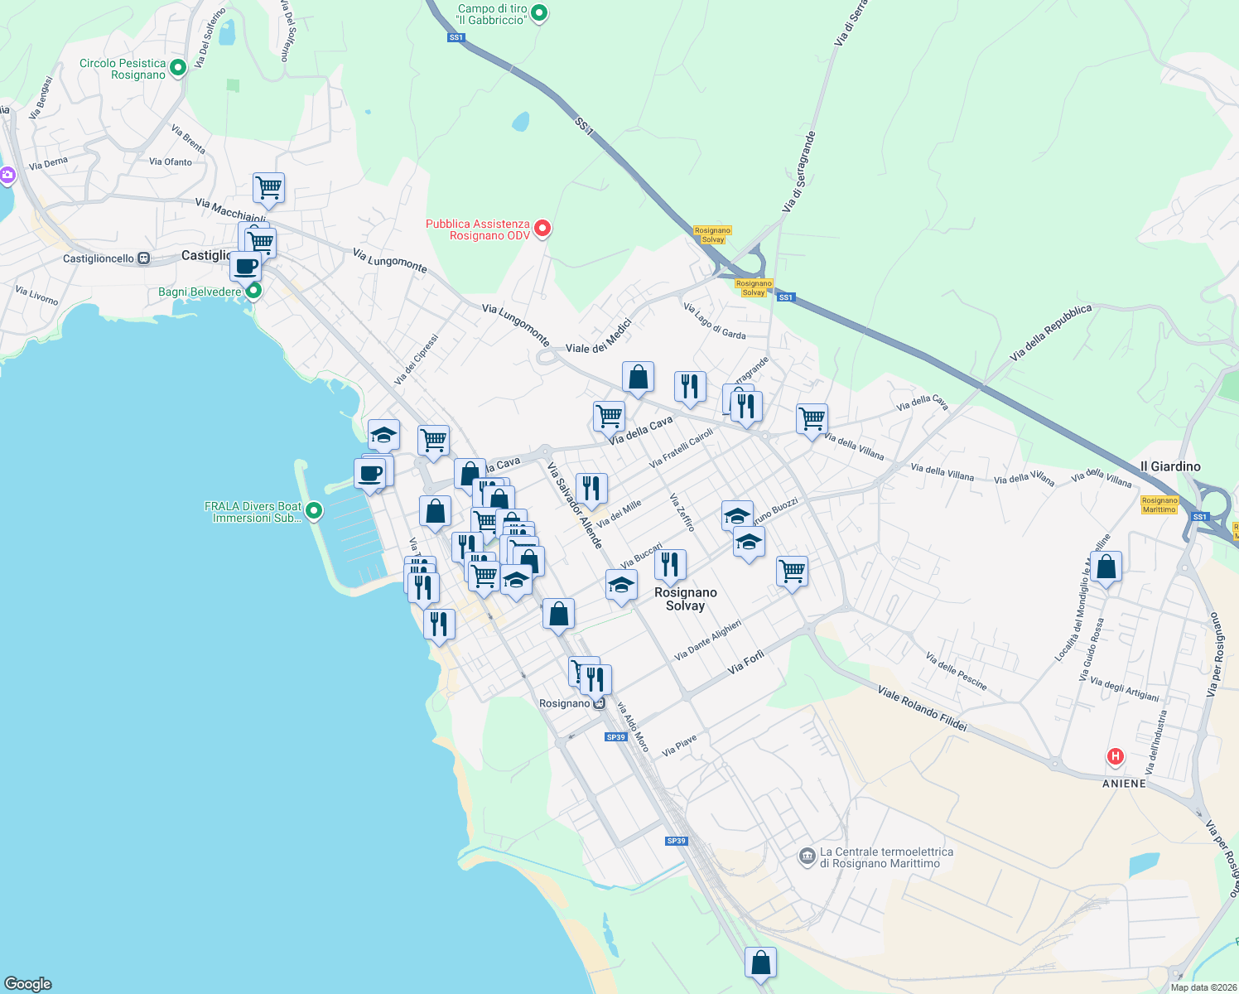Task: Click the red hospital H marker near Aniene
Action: tap(1116, 756)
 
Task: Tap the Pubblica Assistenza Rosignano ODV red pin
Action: tap(542, 229)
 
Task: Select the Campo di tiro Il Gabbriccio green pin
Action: tap(539, 13)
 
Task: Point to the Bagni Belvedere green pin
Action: tap(254, 291)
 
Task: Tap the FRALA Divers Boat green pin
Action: tap(314, 511)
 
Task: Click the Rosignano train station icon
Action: tap(599, 703)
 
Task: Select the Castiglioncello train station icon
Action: tap(144, 258)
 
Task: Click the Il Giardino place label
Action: tap(1170, 466)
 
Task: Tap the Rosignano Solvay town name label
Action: tap(685, 599)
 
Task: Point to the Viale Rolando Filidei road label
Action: tap(922, 708)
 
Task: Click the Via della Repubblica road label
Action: tap(1051, 332)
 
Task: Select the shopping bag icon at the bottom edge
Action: tap(760, 963)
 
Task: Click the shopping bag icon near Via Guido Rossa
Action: tap(1106, 567)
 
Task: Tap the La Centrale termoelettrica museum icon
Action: tap(808, 857)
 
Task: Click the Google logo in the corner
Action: tap(28, 983)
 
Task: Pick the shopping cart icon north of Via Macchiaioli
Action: tap(268, 187)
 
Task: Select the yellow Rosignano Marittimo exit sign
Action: tap(1159, 504)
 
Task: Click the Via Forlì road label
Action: tap(746, 662)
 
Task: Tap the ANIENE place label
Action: tap(1124, 784)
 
